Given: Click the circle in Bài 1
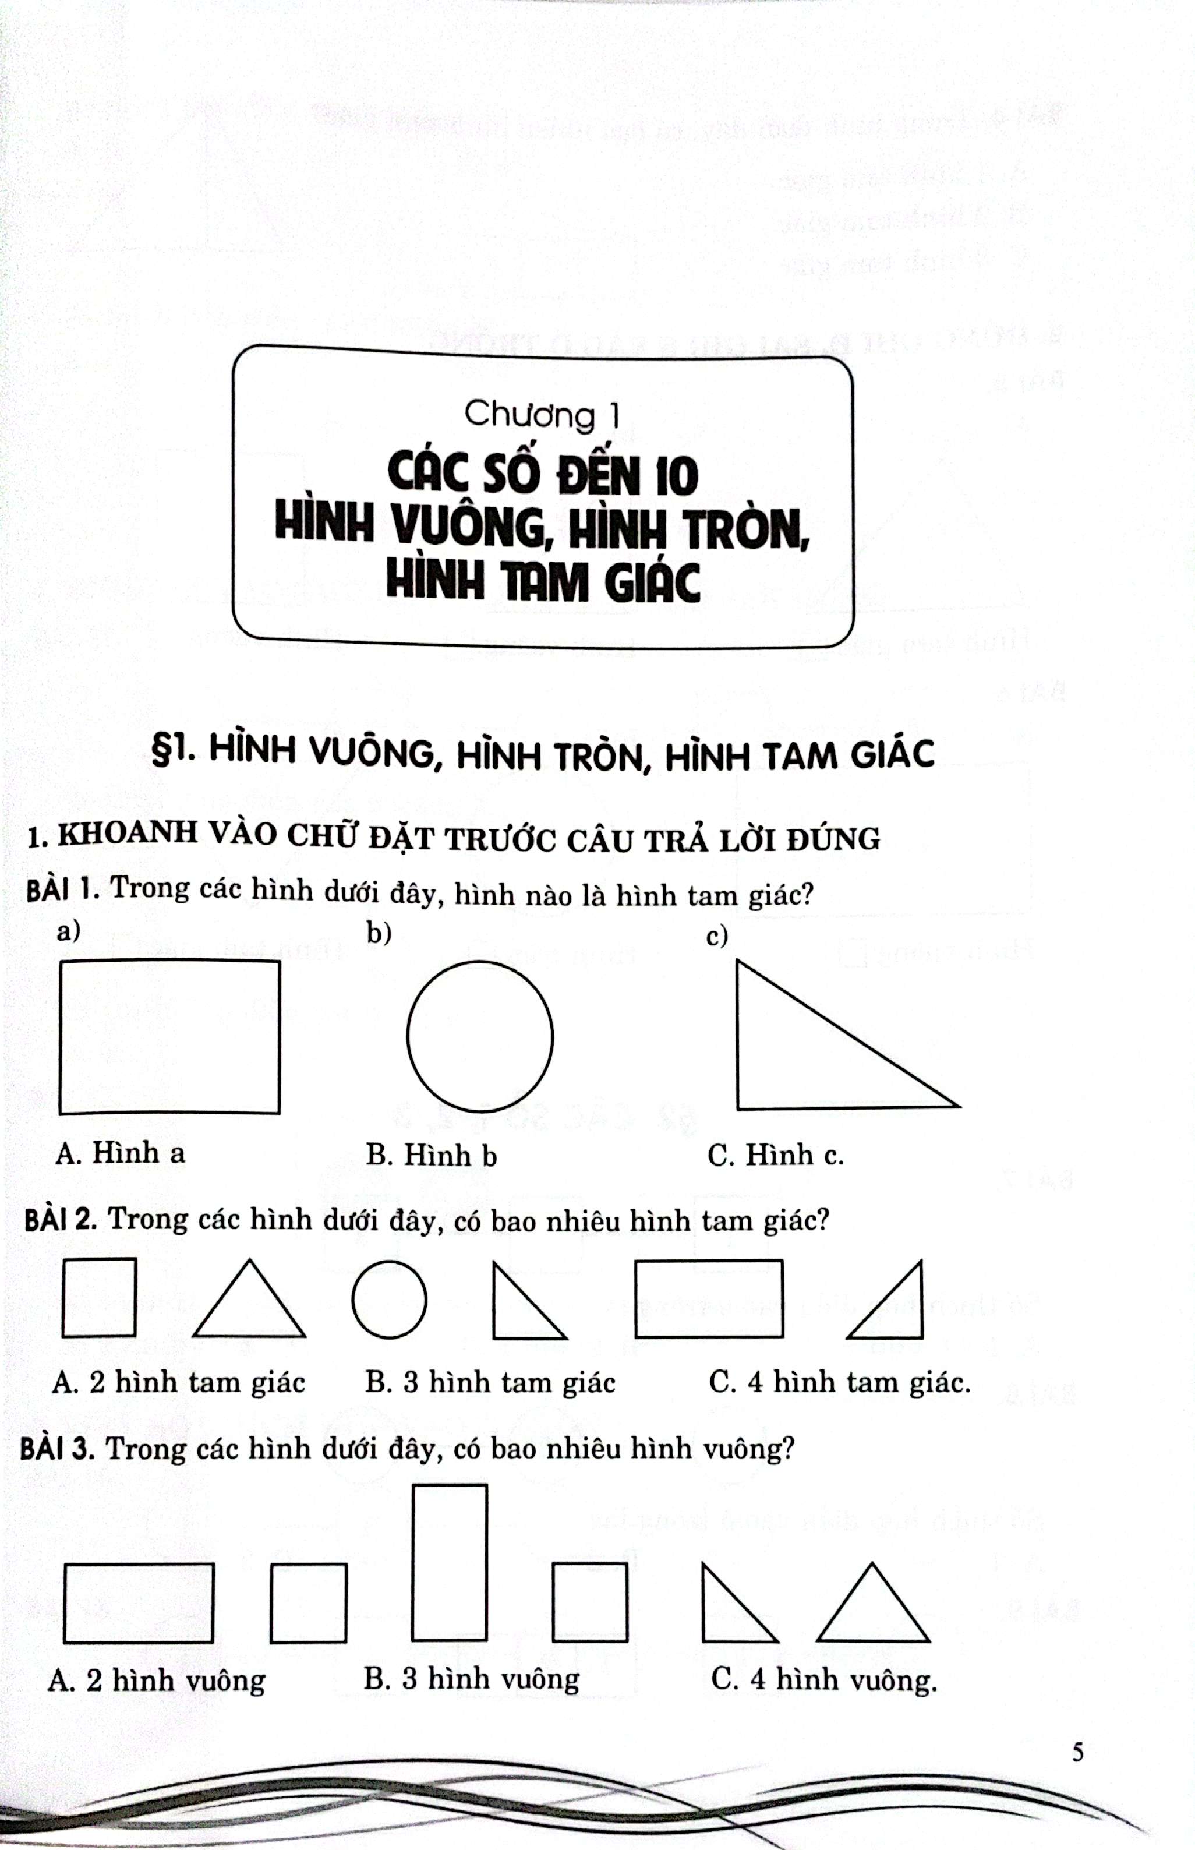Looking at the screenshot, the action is click(408, 1037).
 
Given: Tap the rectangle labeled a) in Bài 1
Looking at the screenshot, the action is click(60, 1037).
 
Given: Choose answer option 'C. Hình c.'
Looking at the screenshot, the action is click(775, 1156).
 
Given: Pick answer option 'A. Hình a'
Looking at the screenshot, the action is click(121, 1153).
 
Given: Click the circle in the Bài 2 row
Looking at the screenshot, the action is click(352, 1299).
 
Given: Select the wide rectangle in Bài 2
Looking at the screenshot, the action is click(637, 1299).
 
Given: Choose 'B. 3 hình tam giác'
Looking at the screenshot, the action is click(490, 1382).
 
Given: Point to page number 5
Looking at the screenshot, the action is click(1077, 1753).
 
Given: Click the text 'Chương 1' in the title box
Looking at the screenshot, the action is click(542, 415).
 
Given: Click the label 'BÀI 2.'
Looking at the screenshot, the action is click(61, 1219).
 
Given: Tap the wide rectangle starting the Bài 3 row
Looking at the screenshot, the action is click(65, 1603).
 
